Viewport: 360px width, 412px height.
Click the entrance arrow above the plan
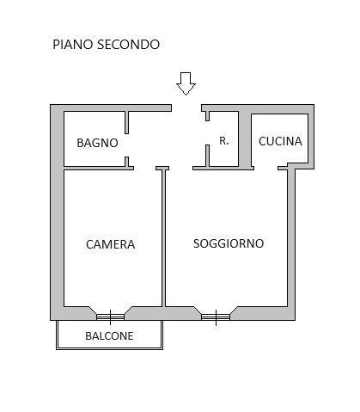(x=186, y=83)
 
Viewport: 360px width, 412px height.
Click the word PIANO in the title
(x=73, y=45)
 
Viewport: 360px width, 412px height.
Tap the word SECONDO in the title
(x=128, y=45)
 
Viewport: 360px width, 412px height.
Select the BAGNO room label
(x=97, y=143)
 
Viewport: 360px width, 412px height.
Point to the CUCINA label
(x=280, y=141)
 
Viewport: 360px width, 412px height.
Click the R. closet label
(x=224, y=141)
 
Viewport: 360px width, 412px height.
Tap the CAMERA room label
(x=111, y=244)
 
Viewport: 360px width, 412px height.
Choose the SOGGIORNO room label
(x=229, y=243)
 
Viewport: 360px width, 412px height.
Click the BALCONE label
(x=109, y=335)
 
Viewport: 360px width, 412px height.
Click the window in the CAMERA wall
(x=110, y=317)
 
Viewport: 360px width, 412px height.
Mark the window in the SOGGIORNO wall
(x=216, y=317)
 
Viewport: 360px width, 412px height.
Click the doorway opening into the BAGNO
(x=126, y=145)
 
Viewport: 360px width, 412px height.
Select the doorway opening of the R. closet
(x=207, y=132)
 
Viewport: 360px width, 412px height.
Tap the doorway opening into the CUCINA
(x=265, y=168)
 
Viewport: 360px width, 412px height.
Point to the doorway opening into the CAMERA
(x=144, y=168)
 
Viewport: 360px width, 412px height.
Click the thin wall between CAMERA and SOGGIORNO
(x=164, y=238)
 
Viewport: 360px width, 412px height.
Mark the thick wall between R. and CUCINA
(x=245, y=138)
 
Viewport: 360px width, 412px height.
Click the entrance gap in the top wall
(x=186, y=108)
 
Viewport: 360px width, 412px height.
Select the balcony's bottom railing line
(x=109, y=348)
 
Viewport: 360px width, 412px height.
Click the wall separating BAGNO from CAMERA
(x=99, y=168)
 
